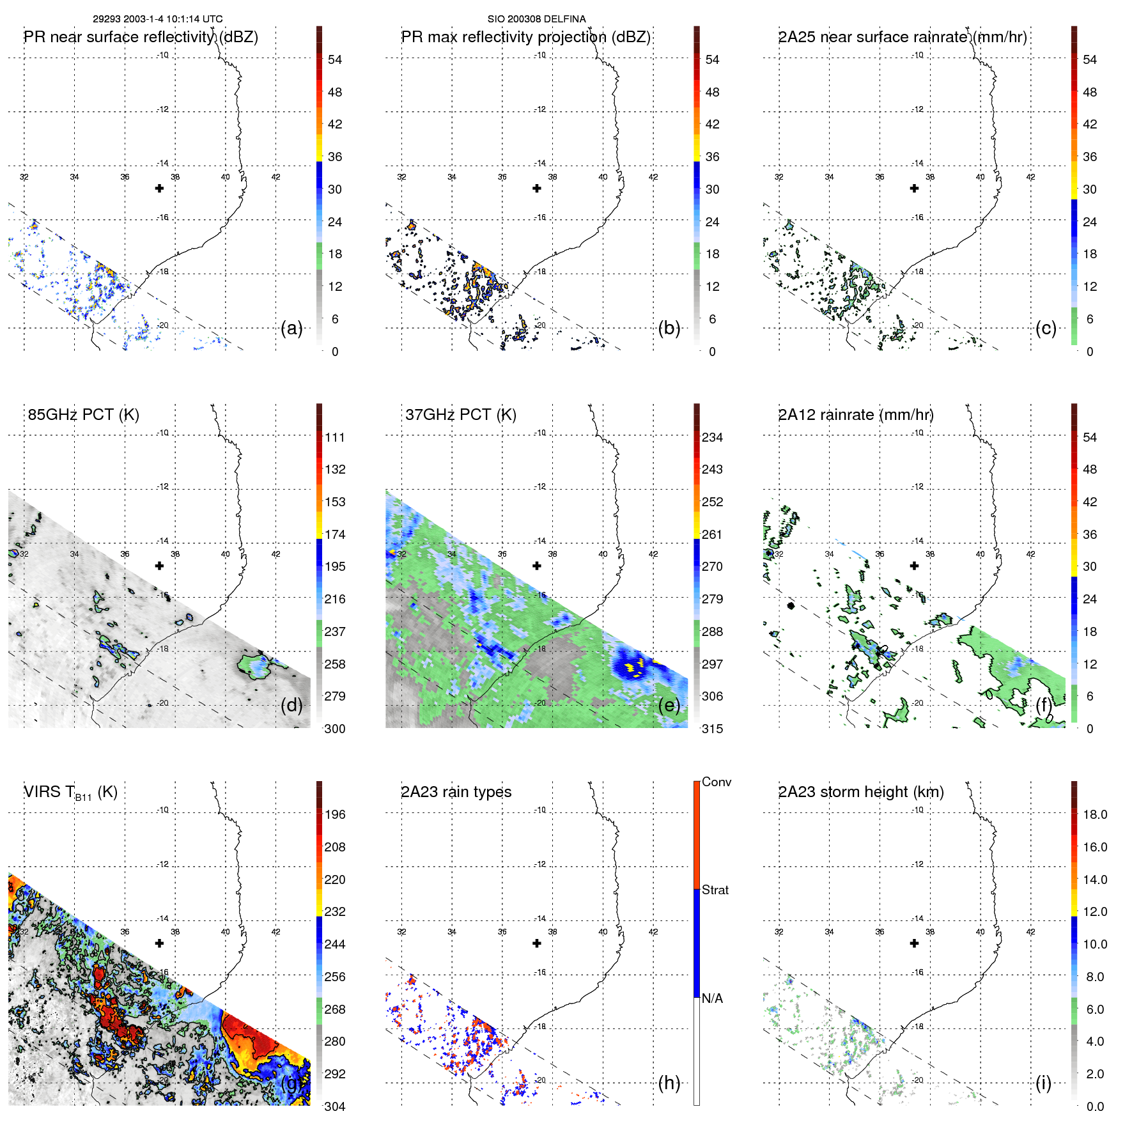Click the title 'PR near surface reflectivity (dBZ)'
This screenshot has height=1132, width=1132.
pos(141,37)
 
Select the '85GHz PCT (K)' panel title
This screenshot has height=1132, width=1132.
pos(83,415)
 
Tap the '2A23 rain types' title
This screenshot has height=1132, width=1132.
pos(456,792)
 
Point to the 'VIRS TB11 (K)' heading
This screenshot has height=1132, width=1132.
pos(70,793)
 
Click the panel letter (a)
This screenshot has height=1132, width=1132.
pos(291,329)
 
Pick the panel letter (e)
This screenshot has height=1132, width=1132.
pos(669,706)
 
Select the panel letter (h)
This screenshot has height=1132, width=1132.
pos(669,1083)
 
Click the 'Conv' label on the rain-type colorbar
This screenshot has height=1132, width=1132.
pos(717,782)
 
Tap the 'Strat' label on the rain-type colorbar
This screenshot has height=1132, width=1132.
pos(715,890)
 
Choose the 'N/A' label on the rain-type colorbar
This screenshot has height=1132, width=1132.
pos(712,998)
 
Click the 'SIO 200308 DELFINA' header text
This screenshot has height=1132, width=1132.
pos(536,19)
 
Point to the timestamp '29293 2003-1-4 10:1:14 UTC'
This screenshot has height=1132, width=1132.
pos(158,19)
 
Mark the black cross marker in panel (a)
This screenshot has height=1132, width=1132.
pos(159,189)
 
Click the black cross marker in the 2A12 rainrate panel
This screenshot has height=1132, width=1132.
pos(914,566)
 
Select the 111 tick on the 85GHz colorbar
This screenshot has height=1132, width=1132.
pos(335,438)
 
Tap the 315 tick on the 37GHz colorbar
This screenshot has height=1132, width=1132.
pos(712,729)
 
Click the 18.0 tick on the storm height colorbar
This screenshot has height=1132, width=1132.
pos(1095,815)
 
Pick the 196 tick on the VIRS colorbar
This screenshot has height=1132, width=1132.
pos(335,815)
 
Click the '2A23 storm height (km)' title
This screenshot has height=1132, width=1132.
pos(860,792)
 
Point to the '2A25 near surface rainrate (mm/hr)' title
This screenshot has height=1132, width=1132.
pos(902,37)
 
